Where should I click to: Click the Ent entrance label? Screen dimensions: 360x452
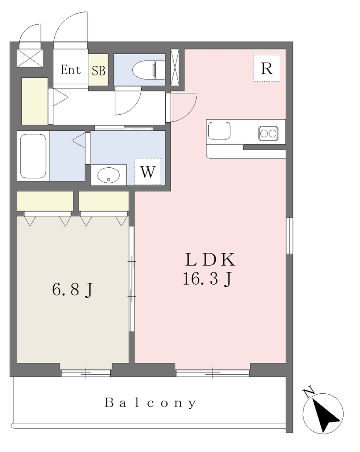click(71, 70)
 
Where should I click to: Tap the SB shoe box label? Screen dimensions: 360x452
click(98, 71)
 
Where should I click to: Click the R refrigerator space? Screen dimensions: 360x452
click(266, 68)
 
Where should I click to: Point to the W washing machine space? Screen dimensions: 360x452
click(148, 172)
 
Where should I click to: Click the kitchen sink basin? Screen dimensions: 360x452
click(219, 131)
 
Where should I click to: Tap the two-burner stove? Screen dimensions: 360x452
click(268, 133)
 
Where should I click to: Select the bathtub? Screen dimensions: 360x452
click(33, 156)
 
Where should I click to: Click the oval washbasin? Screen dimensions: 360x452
click(109, 175)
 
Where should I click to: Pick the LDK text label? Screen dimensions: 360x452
click(210, 260)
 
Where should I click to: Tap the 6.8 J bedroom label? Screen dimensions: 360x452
click(73, 290)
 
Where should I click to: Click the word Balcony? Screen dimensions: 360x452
click(150, 403)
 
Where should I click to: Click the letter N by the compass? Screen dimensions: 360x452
click(309, 392)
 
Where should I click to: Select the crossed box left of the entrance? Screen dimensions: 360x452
click(30, 58)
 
